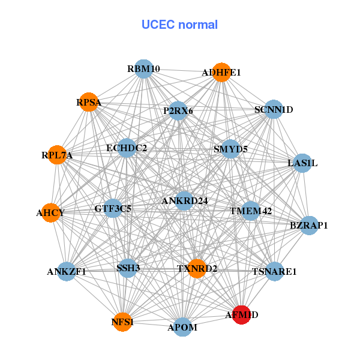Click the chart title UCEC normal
pos(179,25)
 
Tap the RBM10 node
pos(143,69)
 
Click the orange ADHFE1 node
pos(221,73)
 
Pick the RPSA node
pos(88,103)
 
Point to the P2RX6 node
pos(178,111)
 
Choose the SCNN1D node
pos(273,109)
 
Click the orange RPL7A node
pos(57,155)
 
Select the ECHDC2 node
pos(127,148)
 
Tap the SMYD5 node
pos(230,148)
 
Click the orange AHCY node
pos(50,212)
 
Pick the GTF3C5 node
pos(113,209)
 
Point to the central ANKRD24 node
pos(184,200)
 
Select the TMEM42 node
pos(251,211)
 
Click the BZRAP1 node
pos(308,226)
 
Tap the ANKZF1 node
pos(67,272)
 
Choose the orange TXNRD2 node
pos(197,268)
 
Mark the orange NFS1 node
pos(122,322)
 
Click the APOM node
pos(182,328)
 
